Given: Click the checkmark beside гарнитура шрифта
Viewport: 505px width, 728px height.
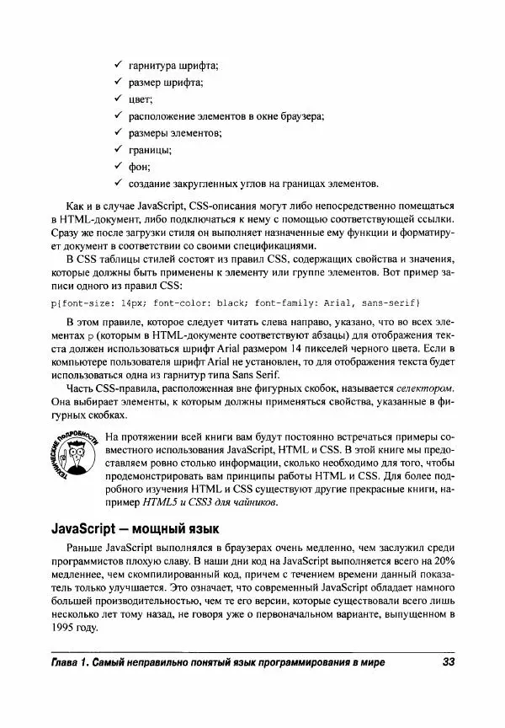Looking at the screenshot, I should click(x=118, y=65).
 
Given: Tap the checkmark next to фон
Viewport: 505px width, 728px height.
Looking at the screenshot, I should click(x=118, y=167).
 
